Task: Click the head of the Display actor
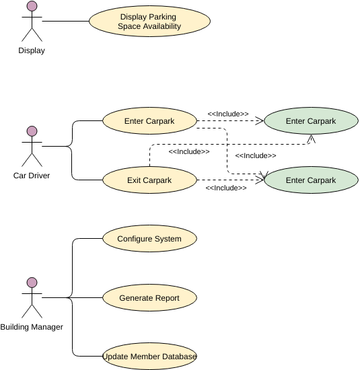coord(32,6)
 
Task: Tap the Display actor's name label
coord(32,50)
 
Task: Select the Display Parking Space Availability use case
coord(149,22)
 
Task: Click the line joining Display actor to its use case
coord(66,21)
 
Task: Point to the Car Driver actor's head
coord(32,131)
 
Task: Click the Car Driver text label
coord(32,176)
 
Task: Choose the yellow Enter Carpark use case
coord(149,121)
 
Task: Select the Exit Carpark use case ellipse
coord(149,180)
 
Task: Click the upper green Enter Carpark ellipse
coord(311,121)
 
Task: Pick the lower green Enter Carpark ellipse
coord(311,180)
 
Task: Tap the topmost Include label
coord(228,114)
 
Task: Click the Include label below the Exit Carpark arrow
coord(226,188)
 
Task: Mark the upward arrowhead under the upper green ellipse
coord(312,139)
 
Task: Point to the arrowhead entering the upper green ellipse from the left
coord(260,121)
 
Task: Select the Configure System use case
coord(149,238)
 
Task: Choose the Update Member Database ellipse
coord(149,356)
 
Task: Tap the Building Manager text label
coord(32,327)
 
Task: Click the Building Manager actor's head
coord(32,283)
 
